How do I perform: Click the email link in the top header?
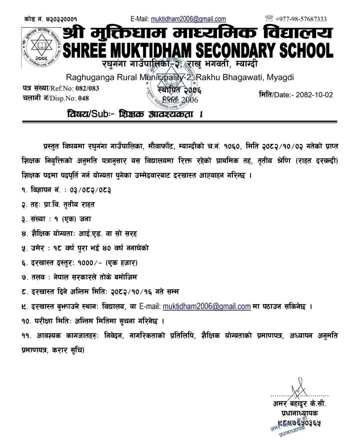point(188,19)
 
